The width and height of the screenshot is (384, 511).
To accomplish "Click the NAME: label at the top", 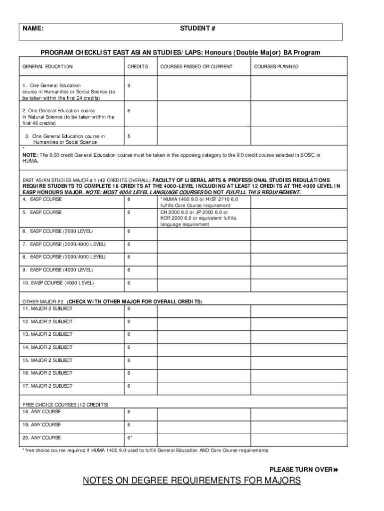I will [x=33, y=28].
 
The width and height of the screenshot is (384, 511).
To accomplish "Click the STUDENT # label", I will [x=197, y=28].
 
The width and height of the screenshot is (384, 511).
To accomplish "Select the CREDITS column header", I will [x=138, y=66].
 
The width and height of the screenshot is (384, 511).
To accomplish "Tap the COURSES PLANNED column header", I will [x=276, y=66].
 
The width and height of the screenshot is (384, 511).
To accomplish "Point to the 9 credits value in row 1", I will [x=129, y=86].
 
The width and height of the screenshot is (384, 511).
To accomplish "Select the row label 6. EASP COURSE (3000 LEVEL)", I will [x=57, y=232].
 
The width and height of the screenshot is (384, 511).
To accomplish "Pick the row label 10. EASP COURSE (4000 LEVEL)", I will [x=58, y=283].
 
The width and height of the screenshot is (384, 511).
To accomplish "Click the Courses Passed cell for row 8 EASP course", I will [x=203, y=257].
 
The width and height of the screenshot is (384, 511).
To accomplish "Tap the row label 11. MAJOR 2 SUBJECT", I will [x=47, y=309].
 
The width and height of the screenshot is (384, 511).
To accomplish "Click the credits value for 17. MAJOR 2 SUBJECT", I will [x=129, y=386].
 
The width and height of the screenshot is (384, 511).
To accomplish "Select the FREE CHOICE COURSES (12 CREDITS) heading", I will [x=66, y=404].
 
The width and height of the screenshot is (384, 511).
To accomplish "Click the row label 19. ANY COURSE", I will [x=42, y=425].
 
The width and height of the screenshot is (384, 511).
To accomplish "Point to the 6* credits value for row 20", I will [x=130, y=438].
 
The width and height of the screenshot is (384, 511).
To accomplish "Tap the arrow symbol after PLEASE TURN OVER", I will [x=336, y=470].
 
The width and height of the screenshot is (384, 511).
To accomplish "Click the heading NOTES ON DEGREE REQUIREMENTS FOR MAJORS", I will [x=192, y=481].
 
